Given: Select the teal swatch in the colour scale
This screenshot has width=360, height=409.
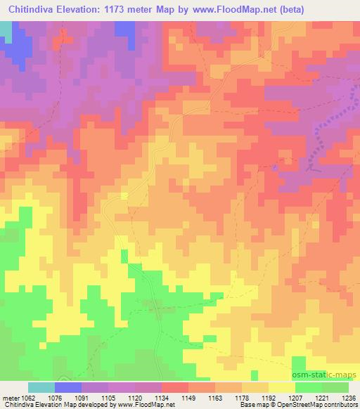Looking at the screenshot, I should pyautogui.click(x=41, y=387).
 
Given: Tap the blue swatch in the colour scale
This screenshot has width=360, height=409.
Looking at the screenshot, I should pyautogui.click(x=68, y=387).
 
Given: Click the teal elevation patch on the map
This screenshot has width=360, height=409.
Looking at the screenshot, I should pyautogui.click(x=6, y=29).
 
